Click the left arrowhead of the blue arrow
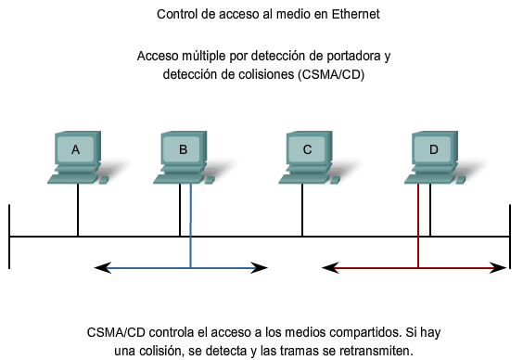(100, 268)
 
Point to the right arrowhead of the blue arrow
(262, 268)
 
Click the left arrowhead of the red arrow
(327, 268)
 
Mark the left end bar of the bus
(9, 237)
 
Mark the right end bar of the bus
(510, 237)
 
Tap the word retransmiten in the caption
(375, 349)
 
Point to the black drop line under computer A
(78, 210)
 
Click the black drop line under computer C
(302, 210)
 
